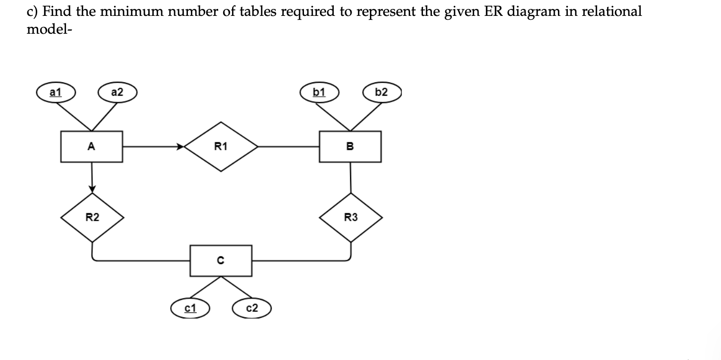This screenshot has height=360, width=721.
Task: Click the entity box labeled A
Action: point(92,146)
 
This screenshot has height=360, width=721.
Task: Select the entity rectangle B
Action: point(350,146)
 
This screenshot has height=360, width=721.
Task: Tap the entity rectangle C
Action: point(221,260)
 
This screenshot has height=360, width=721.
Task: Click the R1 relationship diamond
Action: point(221,146)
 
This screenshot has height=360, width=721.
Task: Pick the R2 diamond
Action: point(92,217)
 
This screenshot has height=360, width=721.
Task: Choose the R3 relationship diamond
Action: point(351,217)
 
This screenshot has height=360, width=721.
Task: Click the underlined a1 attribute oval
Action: point(55,92)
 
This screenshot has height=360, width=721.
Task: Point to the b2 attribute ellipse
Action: point(381,92)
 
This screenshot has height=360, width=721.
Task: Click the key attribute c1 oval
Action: point(190,308)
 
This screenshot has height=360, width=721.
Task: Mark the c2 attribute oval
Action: point(252,308)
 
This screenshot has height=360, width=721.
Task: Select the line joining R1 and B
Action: point(289,146)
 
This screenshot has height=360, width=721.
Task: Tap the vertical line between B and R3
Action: point(351,177)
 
